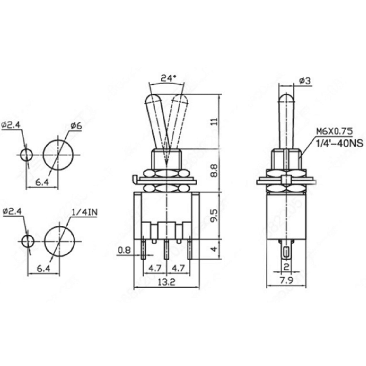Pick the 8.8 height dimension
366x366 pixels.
pyautogui.click(x=215, y=170)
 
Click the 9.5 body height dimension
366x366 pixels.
pyautogui.click(x=215, y=215)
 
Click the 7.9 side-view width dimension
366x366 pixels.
pyautogui.click(x=286, y=280)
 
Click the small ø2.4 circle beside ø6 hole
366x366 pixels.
pyautogui.click(x=26, y=155)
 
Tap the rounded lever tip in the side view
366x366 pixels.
pyautogui.click(x=287, y=98)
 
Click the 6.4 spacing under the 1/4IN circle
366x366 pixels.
pyautogui.click(x=44, y=269)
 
